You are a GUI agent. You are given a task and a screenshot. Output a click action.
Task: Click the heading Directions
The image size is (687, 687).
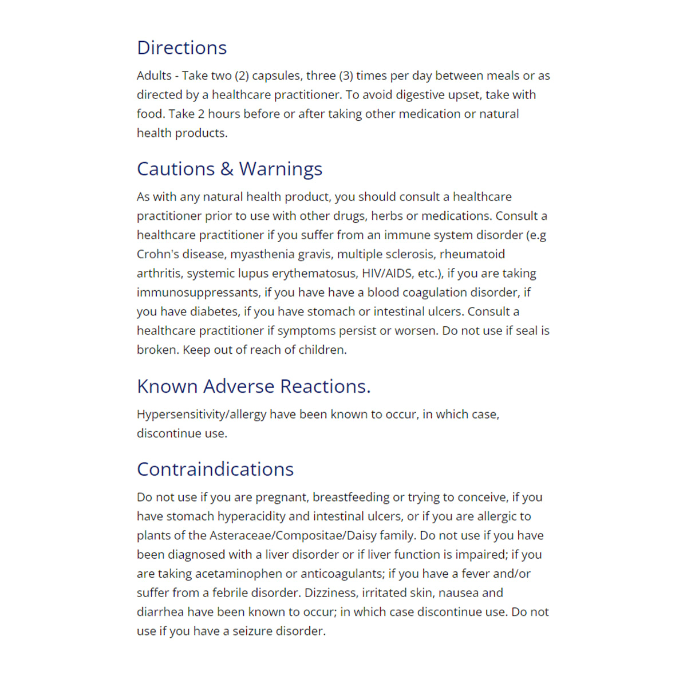tap(181, 48)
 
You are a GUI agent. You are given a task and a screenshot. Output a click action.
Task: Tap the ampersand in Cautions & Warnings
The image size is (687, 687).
tap(227, 169)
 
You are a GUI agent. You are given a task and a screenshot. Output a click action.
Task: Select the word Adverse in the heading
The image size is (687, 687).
tap(239, 386)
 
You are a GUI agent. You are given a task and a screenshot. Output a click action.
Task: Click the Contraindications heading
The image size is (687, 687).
tap(215, 469)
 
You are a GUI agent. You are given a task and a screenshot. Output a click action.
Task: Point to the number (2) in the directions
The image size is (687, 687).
tap(242, 76)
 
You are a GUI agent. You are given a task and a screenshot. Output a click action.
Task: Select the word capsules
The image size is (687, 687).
tap(277, 76)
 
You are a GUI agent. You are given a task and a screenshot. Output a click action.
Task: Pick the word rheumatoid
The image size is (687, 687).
tap(472, 254)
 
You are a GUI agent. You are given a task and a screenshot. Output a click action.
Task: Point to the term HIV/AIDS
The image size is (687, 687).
tap(387, 273)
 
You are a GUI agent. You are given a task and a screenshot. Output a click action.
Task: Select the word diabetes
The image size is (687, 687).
tap(214, 311)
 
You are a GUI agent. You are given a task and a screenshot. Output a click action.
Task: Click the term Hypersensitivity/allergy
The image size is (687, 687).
tap(201, 414)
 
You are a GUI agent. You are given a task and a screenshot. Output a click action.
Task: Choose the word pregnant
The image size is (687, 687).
tap(281, 498)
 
